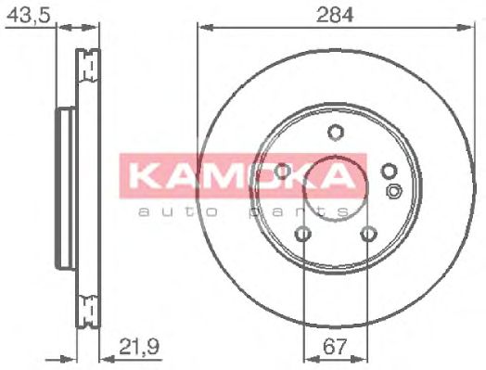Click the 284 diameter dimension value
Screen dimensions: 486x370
pos(335,15)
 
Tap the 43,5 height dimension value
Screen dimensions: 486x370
pos(28,15)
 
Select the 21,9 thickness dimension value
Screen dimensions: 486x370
pos(139,347)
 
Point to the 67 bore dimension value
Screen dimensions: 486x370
pos(334,347)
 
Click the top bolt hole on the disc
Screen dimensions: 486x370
pos(336,133)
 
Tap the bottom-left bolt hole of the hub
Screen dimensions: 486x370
pos(303,234)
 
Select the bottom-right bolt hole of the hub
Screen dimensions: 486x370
pos(368,234)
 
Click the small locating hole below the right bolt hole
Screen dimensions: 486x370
pos(394,191)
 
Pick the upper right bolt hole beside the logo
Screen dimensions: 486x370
pos(389,172)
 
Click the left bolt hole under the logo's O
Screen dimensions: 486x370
pos(282,171)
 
